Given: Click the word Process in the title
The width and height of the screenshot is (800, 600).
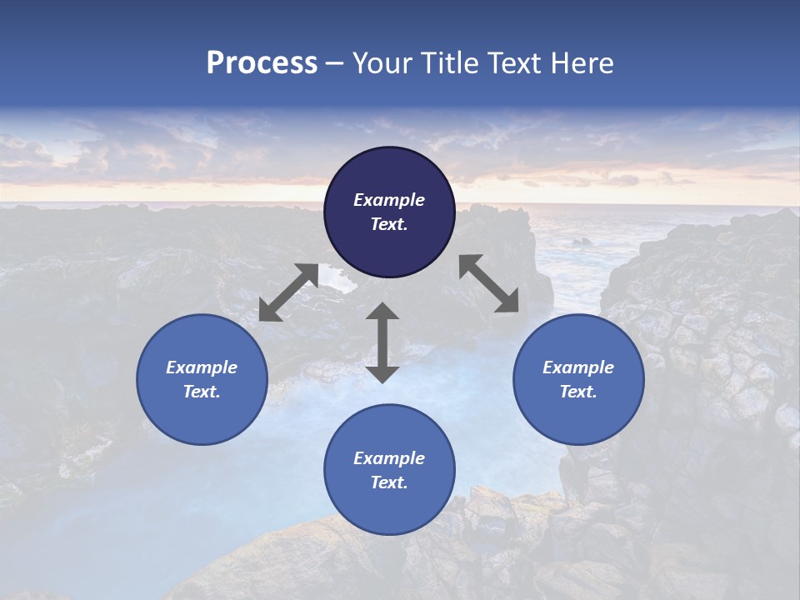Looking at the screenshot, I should (262, 63).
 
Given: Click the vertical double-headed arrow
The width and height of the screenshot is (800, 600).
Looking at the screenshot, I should (382, 342).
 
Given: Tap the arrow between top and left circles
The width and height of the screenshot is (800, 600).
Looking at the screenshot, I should (288, 292).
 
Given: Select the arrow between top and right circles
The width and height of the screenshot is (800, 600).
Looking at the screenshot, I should (489, 283).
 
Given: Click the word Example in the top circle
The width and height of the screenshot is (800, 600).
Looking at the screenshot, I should (389, 200).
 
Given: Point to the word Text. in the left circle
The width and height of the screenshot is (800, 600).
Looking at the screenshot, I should (202, 392).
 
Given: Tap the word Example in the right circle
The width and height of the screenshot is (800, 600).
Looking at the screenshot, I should (578, 367).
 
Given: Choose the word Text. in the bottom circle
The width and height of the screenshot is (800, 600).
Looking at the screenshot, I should (389, 482).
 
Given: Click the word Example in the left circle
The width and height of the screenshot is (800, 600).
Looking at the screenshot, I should (202, 367).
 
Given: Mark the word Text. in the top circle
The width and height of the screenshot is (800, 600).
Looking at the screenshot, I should (389, 224).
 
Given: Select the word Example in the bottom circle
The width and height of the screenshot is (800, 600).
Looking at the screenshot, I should (389, 458).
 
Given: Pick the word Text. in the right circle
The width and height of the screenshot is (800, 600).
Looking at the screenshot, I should (578, 392).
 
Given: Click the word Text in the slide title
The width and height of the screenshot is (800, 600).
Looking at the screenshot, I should (514, 63).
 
